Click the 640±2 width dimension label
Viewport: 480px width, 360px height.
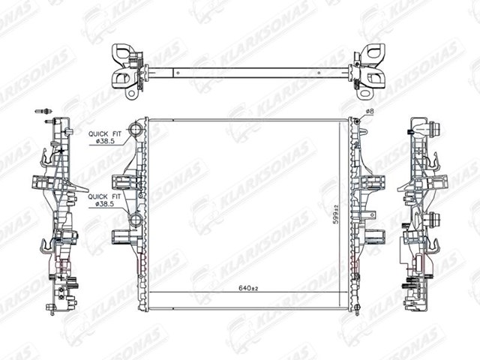point(248,288)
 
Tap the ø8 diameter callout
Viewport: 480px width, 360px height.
point(370,112)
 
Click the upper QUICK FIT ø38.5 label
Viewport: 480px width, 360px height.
point(105,137)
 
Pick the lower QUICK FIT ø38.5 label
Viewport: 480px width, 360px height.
point(104,200)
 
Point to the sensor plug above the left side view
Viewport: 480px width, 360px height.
point(43,111)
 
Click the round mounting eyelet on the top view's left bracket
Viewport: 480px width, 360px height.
point(132,93)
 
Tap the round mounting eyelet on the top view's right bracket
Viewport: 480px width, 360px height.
point(364,93)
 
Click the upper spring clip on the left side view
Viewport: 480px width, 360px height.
point(46,158)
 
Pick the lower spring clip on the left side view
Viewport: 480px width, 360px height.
point(46,245)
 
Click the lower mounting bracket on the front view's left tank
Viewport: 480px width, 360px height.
point(124,237)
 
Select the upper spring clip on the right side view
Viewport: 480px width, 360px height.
point(435,161)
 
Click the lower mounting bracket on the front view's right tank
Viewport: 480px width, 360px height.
point(375,236)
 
